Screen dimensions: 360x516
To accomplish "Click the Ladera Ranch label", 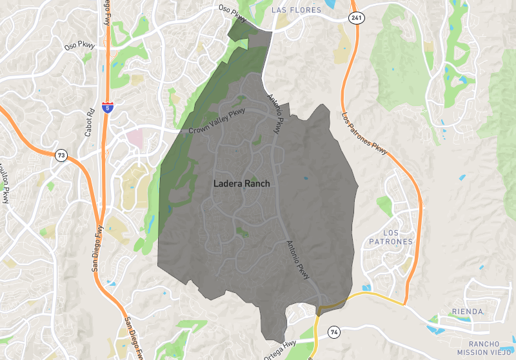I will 241,184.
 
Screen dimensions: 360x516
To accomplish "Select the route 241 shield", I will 357,18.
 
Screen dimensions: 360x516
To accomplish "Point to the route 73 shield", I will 61,155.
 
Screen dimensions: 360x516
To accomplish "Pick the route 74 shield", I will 333,332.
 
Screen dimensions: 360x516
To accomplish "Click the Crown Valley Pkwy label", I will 217,122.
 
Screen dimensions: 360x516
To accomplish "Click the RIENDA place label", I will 469,312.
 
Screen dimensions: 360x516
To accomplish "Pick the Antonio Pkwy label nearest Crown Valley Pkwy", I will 275,114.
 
